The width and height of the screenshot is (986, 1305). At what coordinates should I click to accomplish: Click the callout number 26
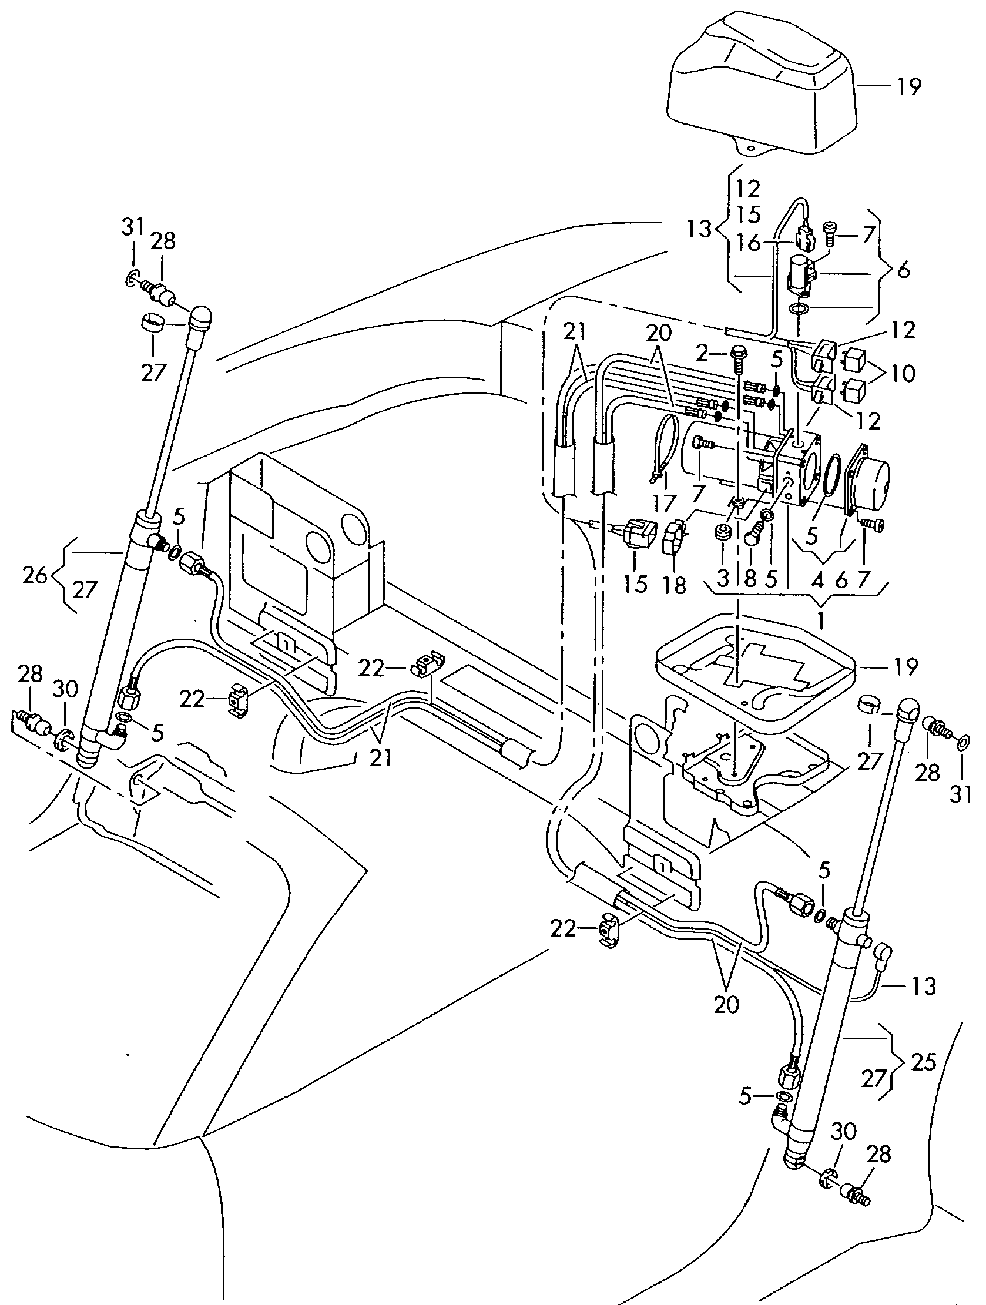pyautogui.click(x=35, y=575)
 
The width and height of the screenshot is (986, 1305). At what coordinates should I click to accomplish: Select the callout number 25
pyautogui.click(x=924, y=1062)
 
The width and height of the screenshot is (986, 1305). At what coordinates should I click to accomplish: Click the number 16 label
pyautogui.click(x=749, y=243)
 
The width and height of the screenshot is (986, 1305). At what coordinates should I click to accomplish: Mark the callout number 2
pyautogui.click(x=702, y=354)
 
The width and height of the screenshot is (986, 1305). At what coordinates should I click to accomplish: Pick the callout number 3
pyautogui.click(x=723, y=579)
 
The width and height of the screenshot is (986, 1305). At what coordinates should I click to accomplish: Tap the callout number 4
pyautogui.click(x=817, y=581)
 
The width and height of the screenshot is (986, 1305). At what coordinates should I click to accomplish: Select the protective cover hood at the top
pyautogui.click(x=761, y=89)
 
